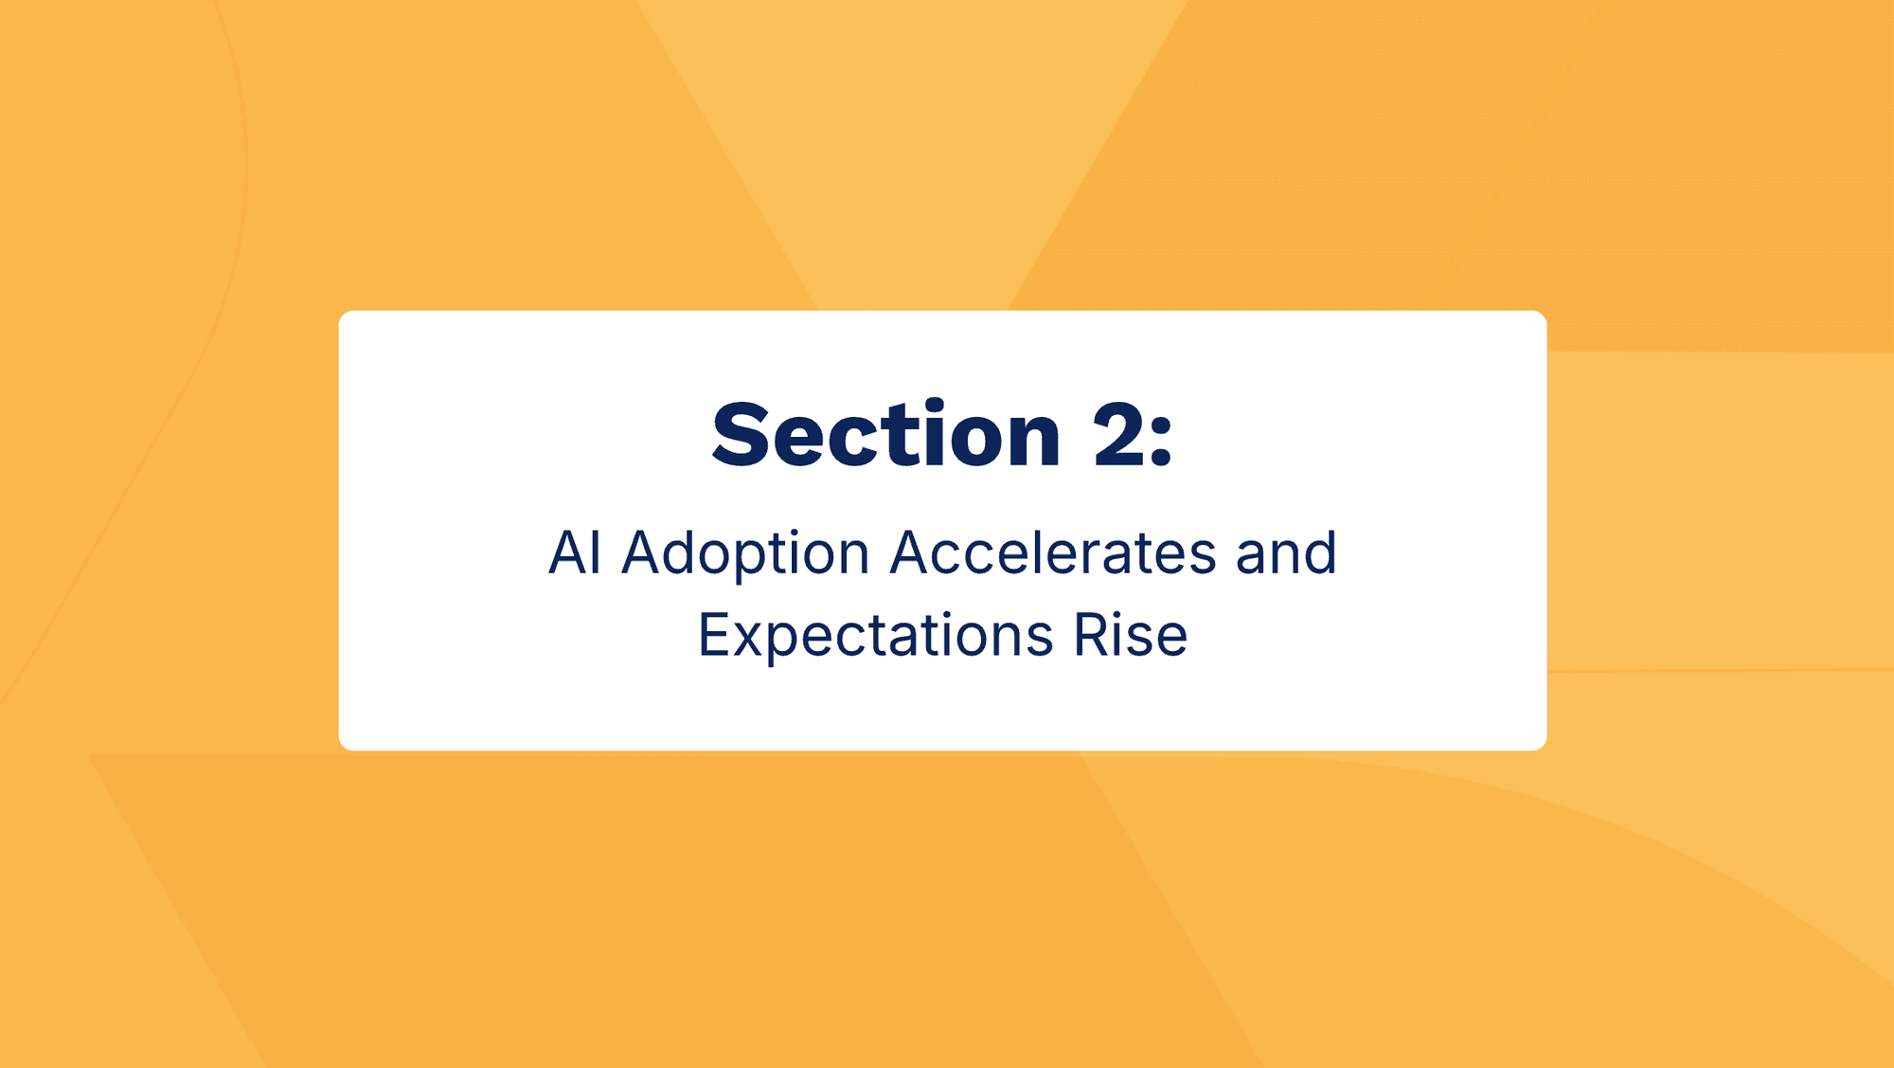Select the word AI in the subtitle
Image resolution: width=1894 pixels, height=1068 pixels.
coord(575,552)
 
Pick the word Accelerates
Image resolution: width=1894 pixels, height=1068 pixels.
coord(1053,552)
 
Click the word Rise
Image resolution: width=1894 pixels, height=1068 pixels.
coord(1131,634)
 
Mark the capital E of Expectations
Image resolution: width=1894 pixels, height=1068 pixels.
coord(714,634)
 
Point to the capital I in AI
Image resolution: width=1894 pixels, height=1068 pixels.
coord(598,552)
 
